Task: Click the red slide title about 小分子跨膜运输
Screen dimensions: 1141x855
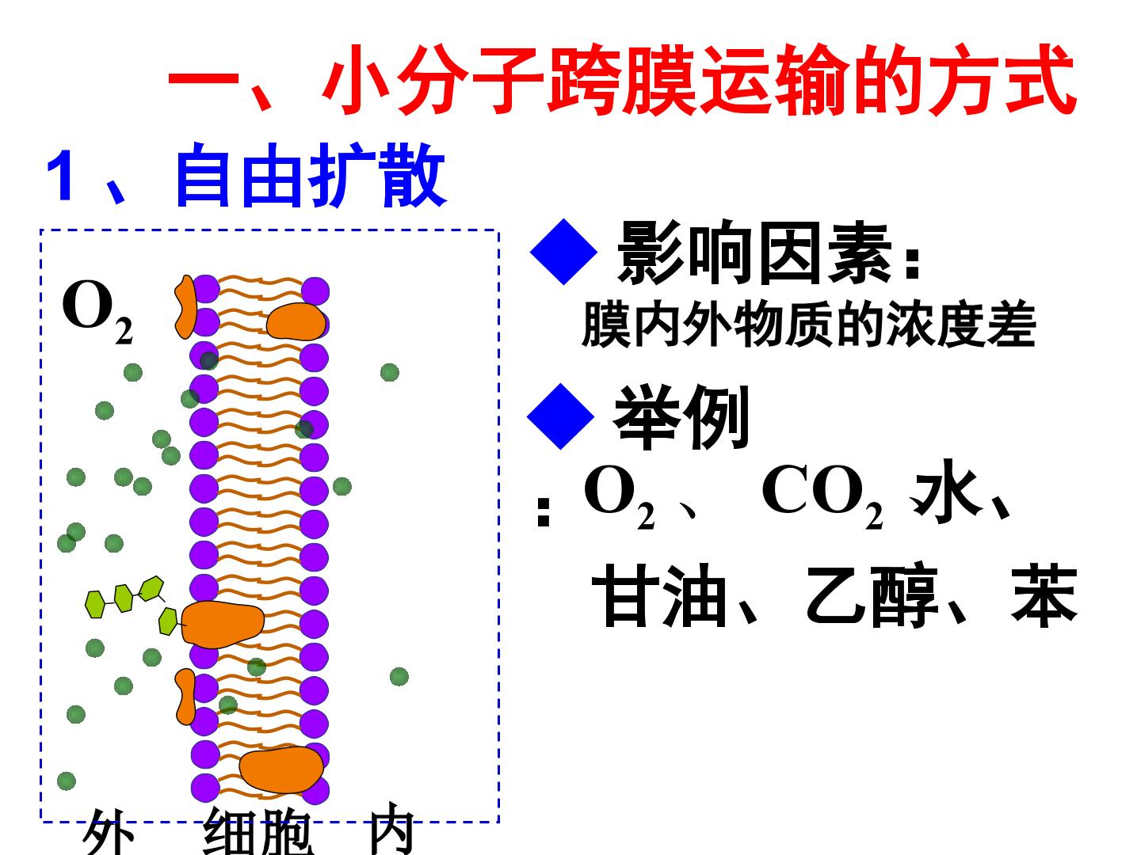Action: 621,81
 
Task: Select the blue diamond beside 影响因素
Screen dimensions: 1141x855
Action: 563,252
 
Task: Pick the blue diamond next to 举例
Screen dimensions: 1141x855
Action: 560,416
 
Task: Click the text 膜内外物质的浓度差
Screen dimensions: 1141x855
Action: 809,324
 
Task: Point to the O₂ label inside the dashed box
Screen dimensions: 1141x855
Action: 97,312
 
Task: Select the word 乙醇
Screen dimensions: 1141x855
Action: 872,595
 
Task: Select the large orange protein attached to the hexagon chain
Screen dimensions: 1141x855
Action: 223,625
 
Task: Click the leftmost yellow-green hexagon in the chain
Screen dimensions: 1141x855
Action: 95,604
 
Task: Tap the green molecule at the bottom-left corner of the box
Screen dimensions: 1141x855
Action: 66,781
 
